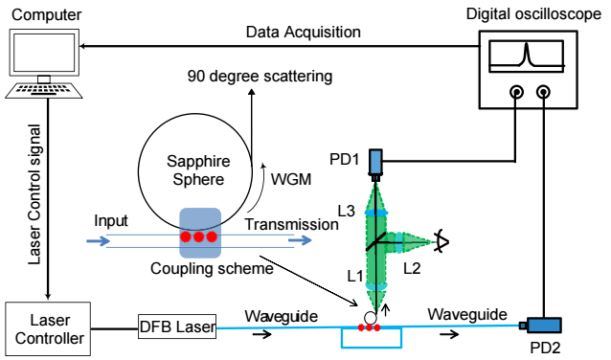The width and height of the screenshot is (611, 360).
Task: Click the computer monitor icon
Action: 44,53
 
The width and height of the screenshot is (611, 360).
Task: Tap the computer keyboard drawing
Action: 44,90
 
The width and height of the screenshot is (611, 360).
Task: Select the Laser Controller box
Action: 48,328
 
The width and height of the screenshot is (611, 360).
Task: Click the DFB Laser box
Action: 177,326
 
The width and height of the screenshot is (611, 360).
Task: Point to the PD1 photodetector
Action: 375,165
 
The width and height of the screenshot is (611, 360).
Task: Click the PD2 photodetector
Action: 541,325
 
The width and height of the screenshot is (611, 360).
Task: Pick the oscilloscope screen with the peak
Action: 527,56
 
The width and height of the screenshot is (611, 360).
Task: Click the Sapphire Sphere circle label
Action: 198,170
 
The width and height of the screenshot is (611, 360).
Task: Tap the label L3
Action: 346,211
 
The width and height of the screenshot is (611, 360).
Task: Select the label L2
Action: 412,268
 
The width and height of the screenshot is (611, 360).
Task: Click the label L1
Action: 355,276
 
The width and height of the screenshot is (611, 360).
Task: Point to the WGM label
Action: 291,179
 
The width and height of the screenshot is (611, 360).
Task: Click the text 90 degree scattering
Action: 260,76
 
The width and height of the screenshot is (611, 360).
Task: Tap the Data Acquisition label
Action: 304,32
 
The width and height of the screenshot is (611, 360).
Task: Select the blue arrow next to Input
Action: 99,240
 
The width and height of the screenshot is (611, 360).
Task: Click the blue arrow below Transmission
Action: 300,240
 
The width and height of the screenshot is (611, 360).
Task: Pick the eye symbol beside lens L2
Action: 441,241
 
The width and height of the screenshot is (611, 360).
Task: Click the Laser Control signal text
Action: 34,194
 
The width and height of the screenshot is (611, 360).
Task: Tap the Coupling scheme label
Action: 212,268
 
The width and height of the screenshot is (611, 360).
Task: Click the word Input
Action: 111,221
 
